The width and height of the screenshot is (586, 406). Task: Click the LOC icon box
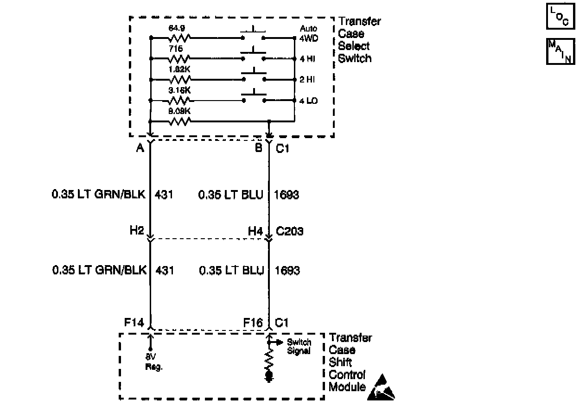561,17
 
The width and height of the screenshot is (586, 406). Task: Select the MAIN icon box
561,51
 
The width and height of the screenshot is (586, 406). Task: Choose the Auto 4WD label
309,33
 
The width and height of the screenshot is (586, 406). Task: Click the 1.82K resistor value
179,69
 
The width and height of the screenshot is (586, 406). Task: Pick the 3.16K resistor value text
179,90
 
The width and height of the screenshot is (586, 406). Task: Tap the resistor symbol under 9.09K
179,121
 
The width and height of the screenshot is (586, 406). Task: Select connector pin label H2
137,230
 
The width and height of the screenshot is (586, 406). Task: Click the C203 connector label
290,230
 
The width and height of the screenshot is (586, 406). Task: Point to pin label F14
134,322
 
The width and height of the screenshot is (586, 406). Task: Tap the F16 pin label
253,322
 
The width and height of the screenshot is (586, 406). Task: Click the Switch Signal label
299,347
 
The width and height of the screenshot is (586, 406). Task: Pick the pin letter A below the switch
140,148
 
